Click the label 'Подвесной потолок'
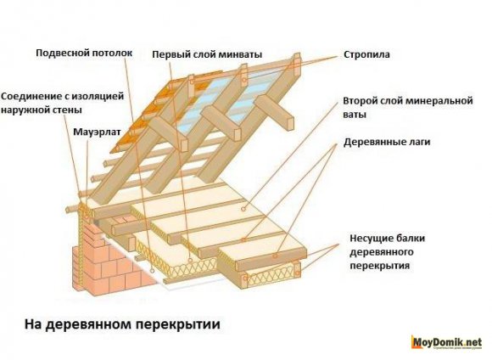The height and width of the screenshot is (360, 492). click(x=84, y=53)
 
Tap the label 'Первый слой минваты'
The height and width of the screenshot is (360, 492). click(x=207, y=53)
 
